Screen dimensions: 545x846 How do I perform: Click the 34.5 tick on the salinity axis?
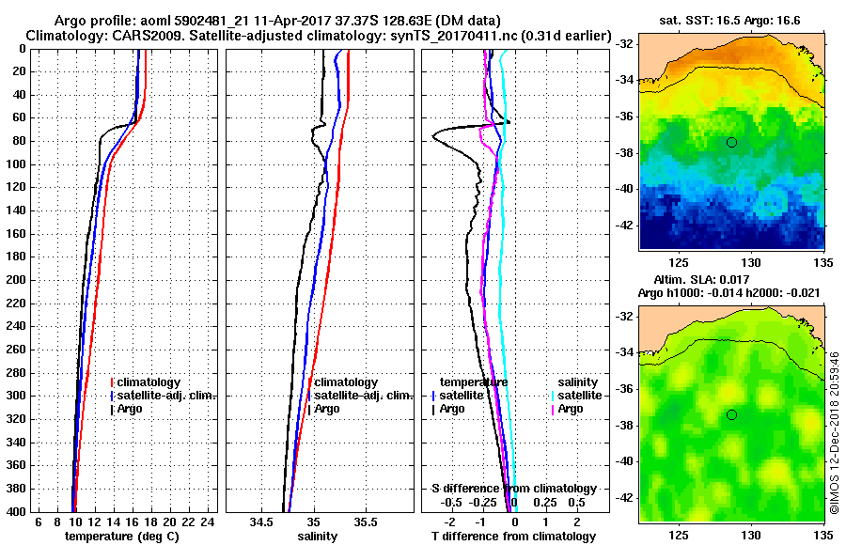(x=262, y=522)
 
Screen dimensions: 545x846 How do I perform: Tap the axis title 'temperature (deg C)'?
(x=121, y=537)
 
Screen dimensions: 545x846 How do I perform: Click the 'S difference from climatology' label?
(x=513, y=489)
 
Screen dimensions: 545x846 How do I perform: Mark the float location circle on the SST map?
(x=731, y=142)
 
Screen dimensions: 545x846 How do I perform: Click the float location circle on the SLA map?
(x=731, y=414)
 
